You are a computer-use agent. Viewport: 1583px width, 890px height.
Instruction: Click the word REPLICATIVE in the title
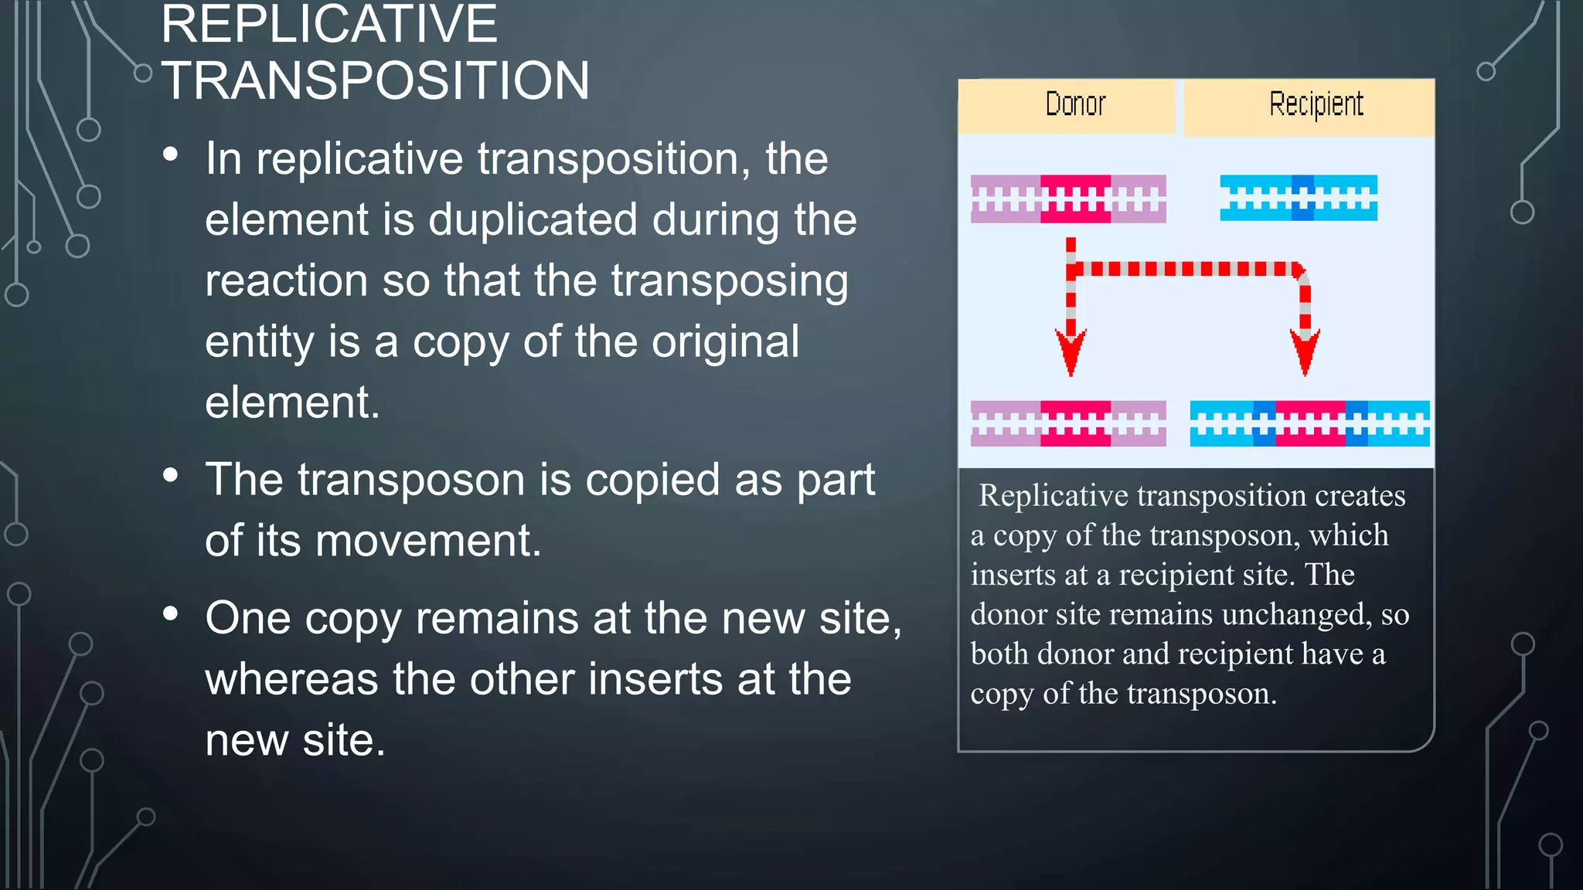pyautogui.click(x=329, y=25)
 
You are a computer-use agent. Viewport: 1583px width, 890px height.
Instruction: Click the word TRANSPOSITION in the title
pyautogui.click(x=376, y=81)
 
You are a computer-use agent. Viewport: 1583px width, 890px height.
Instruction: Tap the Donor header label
pyautogui.click(x=1074, y=104)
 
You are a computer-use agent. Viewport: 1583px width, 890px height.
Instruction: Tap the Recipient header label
pyautogui.click(x=1316, y=104)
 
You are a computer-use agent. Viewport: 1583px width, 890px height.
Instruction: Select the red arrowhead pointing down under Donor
pyautogui.click(x=1071, y=352)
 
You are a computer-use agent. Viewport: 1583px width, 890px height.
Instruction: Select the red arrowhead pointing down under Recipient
pyautogui.click(x=1305, y=352)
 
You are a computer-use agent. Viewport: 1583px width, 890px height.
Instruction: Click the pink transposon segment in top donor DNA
pyautogui.click(x=1075, y=199)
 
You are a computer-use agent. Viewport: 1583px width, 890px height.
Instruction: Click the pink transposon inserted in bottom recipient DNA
pyautogui.click(x=1309, y=423)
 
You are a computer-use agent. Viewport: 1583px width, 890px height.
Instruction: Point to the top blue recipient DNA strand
pyautogui.click(x=1299, y=198)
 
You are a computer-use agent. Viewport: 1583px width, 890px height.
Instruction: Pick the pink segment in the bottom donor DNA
pyautogui.click(x=1075, y=423)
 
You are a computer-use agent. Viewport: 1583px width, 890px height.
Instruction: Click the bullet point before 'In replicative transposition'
pyautogui.click(x=171, y=155)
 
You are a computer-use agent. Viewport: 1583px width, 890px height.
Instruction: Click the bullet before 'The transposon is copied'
pyautogui.click(x=171, y=475)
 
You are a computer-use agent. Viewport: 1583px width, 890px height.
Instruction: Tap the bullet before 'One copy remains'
pyautogui.click(x=171, y=614)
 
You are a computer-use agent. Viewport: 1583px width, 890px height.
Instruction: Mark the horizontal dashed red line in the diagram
pyautogui.click(x=1186, y=269)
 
